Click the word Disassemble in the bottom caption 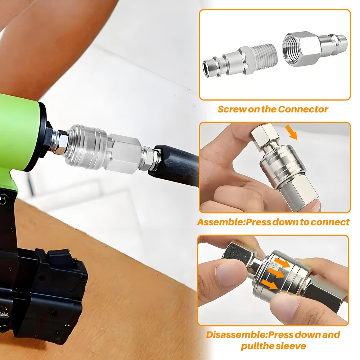click(x=237, y=334)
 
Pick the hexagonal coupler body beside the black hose click(x=124, y=153)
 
